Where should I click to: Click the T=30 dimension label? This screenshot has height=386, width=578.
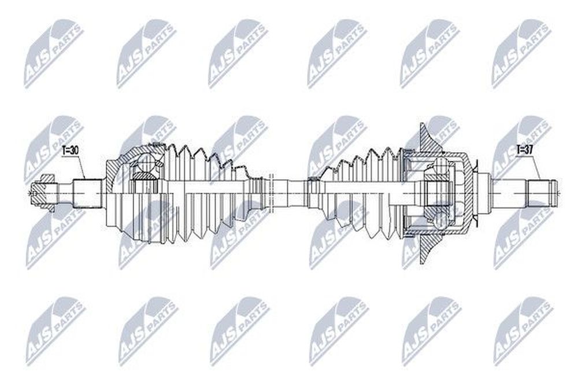pos(70,150)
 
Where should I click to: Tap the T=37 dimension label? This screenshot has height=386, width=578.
pos(524,149)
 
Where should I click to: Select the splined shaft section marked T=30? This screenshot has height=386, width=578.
pos(87,193)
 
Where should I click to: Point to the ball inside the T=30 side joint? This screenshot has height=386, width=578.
pos(146,163)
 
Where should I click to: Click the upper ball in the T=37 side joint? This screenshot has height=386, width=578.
pos(441,166)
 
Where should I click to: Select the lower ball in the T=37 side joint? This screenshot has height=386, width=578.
pos(441,220)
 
